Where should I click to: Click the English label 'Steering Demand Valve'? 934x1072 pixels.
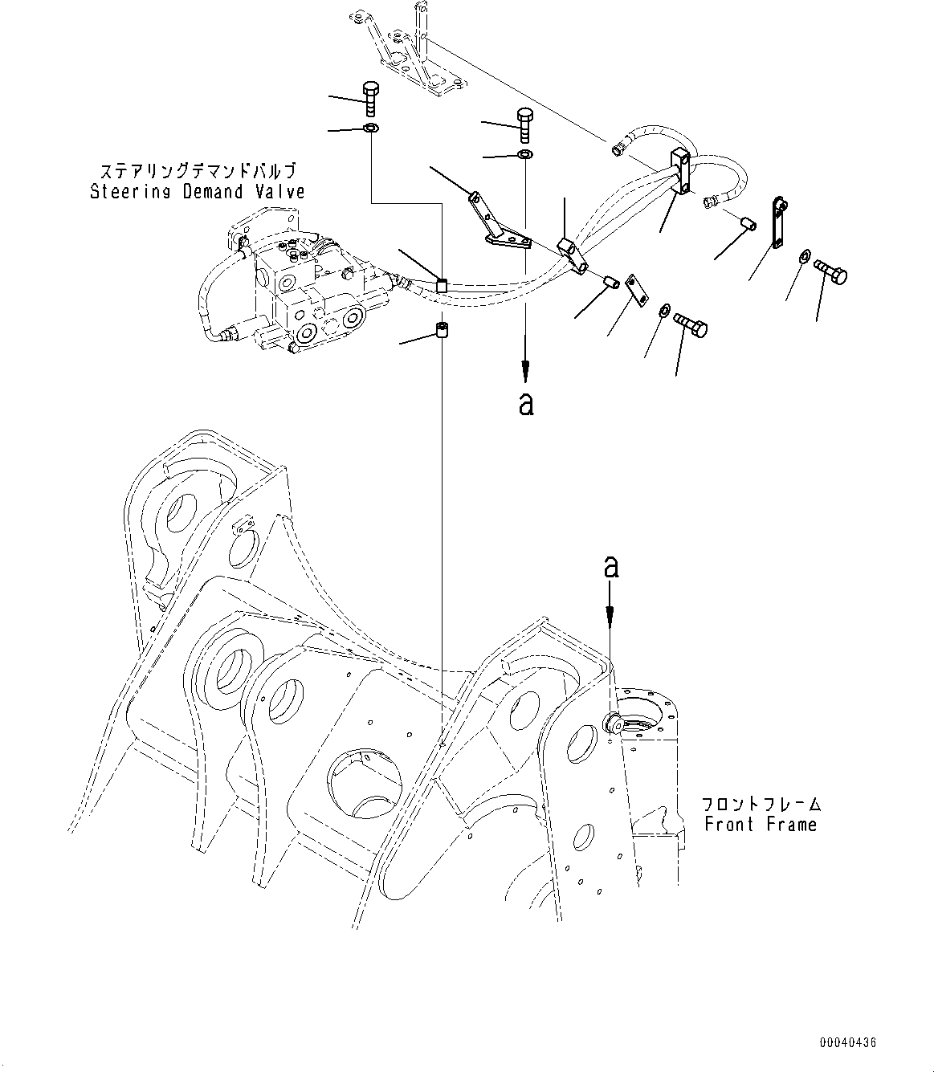197,192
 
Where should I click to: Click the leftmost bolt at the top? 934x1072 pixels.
370,99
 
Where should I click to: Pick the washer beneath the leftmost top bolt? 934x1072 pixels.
370,128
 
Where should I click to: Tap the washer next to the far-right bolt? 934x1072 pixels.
804,256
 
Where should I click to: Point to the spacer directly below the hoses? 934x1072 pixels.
440,329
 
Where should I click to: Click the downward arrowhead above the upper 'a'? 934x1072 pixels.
525,372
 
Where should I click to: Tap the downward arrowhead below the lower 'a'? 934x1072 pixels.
610,614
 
